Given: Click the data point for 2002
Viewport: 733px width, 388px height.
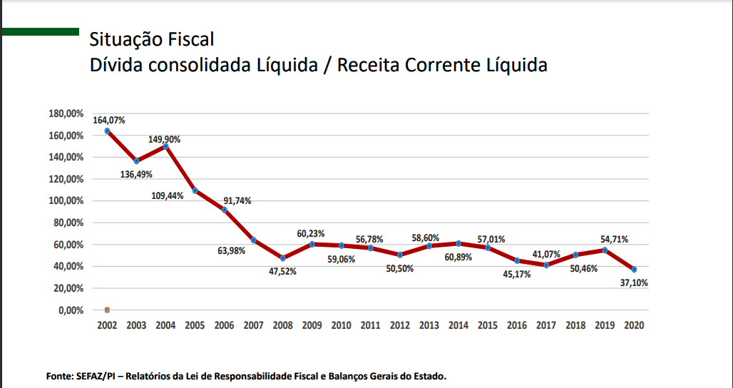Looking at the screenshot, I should pyautogui.click(x=107, y=131).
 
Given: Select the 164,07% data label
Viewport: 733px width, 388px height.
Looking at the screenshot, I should pyautogui.click(x=108, y=121).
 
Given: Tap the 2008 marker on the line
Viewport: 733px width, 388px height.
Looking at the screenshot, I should pyautogui.click(x=283, y=258).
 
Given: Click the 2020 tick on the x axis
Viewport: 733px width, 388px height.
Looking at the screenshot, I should pyautogui.click(x=635, y=325).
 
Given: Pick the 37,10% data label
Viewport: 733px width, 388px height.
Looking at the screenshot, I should pyautogui.click(x=634, y=282).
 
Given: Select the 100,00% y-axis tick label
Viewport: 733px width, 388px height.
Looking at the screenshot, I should pyautogui.click(x=66, y=201).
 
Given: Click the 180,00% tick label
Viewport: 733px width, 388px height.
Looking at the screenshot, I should pyautogui.click(x=66, y=113).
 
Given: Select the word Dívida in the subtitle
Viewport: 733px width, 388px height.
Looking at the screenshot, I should pyautogui.click(x=116, y=65).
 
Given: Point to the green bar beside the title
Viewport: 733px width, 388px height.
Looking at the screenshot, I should pyautogui.click(x=40, y=31).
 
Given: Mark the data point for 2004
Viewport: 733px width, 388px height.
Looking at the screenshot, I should pyautogui.click(x=165, y=146).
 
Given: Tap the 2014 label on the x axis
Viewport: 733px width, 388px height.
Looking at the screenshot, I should pyautogui.click(x=458, y=325).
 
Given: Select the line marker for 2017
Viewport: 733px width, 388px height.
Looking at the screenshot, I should pyautogui.click(x=546, y=265).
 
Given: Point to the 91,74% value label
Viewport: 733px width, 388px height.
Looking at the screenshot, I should pyautogui.click(x=237, y=201).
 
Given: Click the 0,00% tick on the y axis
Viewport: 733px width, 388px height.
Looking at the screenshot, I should pyautogui.click(x=71, y=311).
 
